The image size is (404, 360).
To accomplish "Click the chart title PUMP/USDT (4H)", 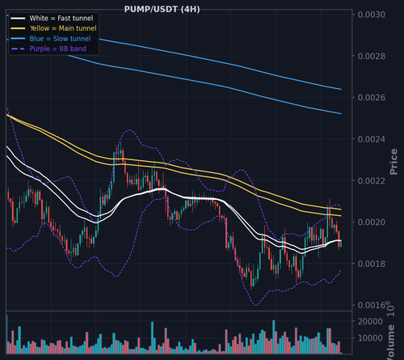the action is point(162,10).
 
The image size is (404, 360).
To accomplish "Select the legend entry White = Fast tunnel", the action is point(61,19).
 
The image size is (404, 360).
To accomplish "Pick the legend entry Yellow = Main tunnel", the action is point(63,28).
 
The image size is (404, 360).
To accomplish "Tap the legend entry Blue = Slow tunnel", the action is point(60,39).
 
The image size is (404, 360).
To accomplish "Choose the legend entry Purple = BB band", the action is point(58,49).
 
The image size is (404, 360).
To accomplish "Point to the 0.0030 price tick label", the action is point(371,15).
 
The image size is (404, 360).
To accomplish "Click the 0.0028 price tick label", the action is point(371,56).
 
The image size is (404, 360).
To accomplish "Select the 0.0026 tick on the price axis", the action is point(371,98).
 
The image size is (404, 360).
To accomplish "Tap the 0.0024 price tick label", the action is point(371,139).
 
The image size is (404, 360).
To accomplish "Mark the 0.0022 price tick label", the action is point(371,180).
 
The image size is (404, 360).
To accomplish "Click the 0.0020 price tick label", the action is point(371,222).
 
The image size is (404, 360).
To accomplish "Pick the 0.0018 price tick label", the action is point(371,264).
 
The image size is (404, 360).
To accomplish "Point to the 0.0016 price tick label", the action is point(371,305).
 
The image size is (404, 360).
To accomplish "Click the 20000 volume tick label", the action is point(370,321).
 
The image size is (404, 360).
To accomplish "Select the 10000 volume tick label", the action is point(370,338).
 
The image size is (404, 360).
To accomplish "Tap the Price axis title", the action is point(393,162).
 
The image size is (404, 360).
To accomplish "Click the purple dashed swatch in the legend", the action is point(19,49).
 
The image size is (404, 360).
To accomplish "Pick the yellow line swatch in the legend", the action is point(19,28).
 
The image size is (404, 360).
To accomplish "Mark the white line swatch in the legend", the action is point(19,19).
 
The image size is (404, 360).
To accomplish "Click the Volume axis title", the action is point(391,342).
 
